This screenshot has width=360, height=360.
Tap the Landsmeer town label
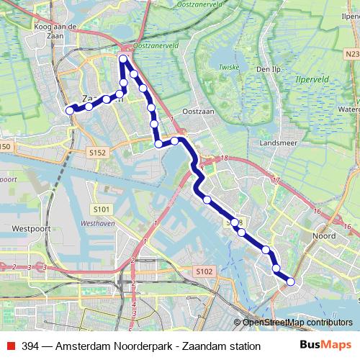click(280, 143)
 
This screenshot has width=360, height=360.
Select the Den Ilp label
click(267, 70)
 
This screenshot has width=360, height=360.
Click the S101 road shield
click(102, 209)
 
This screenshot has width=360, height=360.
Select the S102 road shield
click(204, 271)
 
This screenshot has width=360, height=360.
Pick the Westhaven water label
click(99, 223)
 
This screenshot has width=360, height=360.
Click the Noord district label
click(325, 235)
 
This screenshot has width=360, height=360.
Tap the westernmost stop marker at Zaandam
click(70, 110)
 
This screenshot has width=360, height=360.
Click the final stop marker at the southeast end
click(291, 282)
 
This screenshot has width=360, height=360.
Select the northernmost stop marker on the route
click(124, 60)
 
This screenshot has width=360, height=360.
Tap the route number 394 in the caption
click(30, 346)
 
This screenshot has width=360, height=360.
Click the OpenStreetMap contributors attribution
click(297, 322)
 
